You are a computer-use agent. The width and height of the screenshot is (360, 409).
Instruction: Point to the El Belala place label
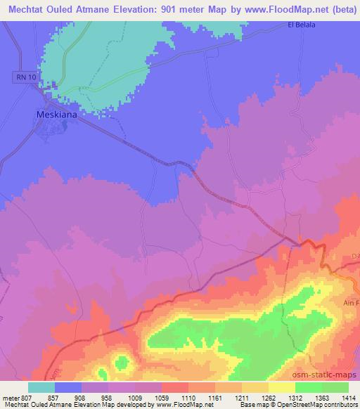[x=302, y=26]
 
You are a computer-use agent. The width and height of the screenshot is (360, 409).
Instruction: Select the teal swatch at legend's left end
[x=41, y=387]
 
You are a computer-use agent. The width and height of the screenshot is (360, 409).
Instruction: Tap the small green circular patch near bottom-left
[x=122, y=363]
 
